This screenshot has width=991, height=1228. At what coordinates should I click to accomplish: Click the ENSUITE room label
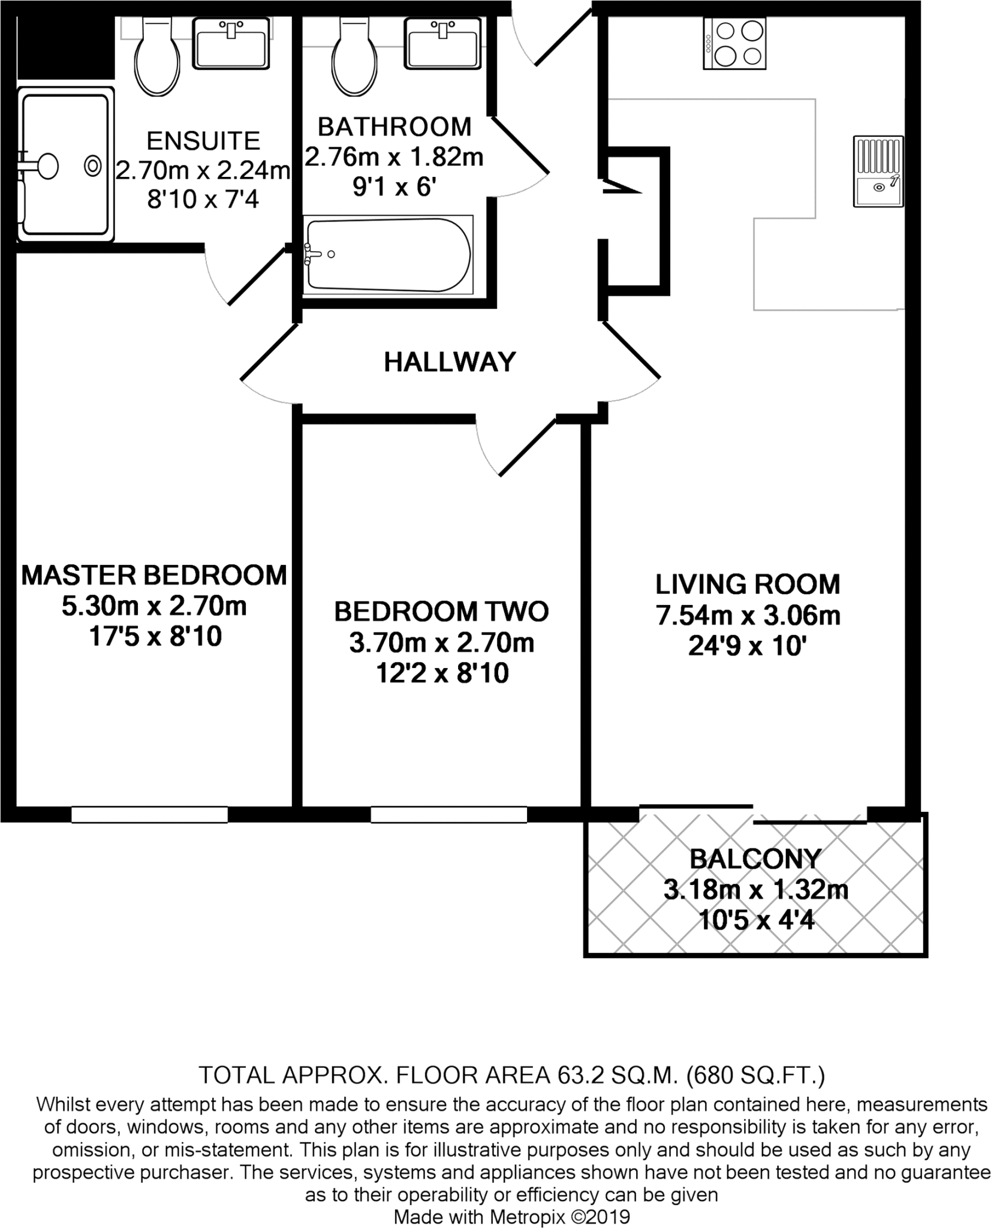(x=203, y=141)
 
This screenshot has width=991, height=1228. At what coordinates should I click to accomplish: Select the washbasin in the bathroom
(x=443, y=43)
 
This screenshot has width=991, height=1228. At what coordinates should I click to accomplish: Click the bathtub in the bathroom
(x=388, y=255)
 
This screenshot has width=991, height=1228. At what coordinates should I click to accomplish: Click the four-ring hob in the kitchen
(x=734, y=43)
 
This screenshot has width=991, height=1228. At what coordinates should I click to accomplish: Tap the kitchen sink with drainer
(x=878, y=171)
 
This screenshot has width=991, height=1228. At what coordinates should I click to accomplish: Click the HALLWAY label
(x=450, y=362)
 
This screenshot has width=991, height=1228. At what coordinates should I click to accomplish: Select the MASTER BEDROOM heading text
(x=154, y=575)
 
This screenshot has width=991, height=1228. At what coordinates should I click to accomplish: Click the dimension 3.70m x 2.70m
(x=442, y=643)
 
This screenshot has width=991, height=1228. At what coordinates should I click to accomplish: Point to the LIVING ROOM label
(x=748, y=584)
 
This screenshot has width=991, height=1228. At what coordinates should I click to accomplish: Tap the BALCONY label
(x=755, y=859)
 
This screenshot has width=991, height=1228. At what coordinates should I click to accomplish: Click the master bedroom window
(x=149, y=814)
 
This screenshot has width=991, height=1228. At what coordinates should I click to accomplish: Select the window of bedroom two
(x=448, y=814)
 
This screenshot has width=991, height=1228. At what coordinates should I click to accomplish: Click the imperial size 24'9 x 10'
(x=748, y=646)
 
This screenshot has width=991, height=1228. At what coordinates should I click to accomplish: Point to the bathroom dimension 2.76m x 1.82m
(x=394, y=157)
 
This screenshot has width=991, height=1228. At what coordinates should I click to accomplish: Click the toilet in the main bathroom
(x=355, y=58)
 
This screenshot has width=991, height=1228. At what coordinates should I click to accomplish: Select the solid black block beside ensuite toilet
(x=65, y=48)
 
